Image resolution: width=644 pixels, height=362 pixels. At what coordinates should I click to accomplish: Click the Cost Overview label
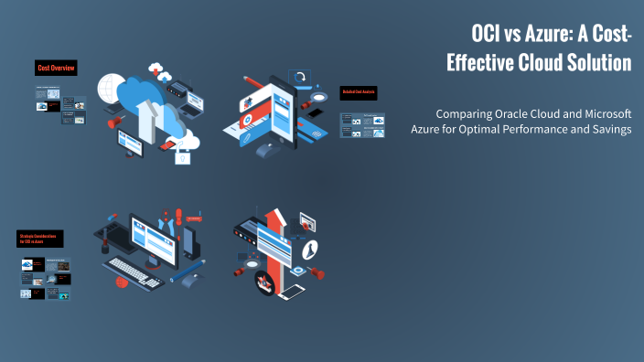coord(56,69)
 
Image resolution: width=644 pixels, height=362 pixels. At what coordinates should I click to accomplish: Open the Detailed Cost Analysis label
coord(359,92)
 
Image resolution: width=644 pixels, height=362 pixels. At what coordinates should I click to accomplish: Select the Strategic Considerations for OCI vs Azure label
coord(40,239)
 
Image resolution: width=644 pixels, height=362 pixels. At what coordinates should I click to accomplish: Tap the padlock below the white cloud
coord(186,157)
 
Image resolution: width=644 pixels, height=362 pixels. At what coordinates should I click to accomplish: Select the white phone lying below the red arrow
coord(291,292)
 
